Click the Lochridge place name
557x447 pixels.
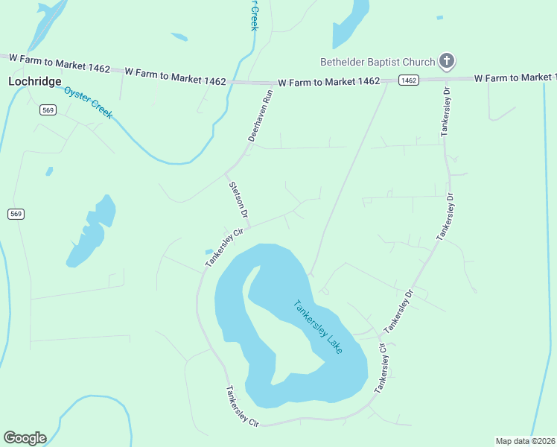(x=34, y=81)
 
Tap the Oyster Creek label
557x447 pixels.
(x=88, y=103)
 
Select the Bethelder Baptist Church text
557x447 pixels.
(x=377, y=62)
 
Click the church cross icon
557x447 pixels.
(x=447, y=61)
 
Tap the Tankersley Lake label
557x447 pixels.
(x=318, y=327)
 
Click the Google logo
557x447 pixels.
(x=25, y=437)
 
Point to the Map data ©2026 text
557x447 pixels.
(x=525, y=440)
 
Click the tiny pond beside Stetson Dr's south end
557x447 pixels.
(x=209, y=251)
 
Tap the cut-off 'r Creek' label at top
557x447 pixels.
(x=253, y=15)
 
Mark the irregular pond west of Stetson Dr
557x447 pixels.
(x=92, y=231)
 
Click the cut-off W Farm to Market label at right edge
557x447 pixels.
(x=515, y=77)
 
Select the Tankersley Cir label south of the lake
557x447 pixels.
(x=243, y=406)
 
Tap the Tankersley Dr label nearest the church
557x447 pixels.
(x=446, y=111)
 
